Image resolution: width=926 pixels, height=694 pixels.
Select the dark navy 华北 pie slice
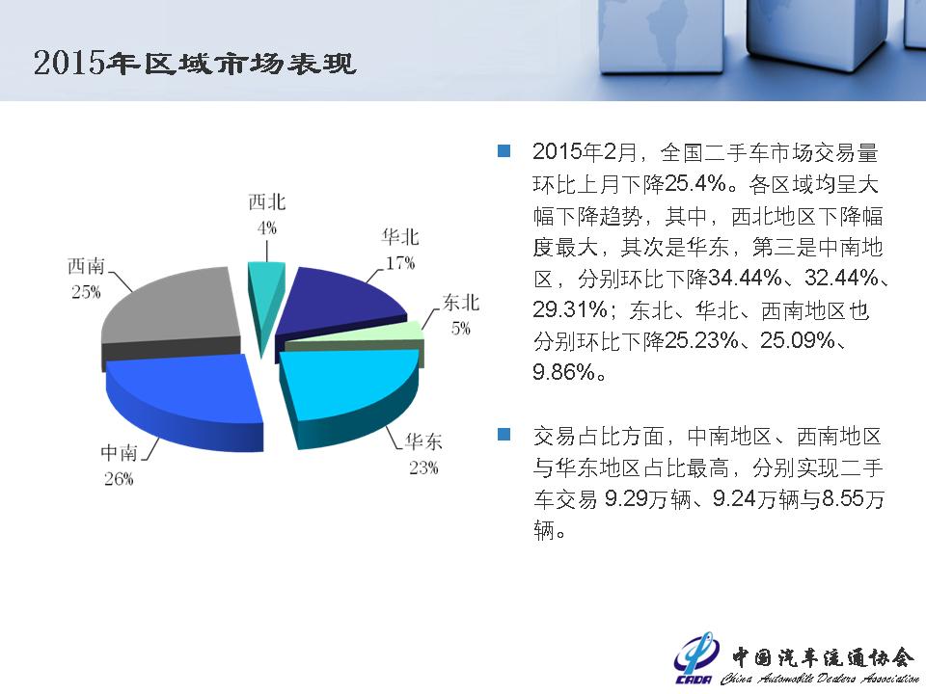[337, 307]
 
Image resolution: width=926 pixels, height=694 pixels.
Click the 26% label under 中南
[119, 479]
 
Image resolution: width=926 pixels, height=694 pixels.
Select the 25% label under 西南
[86, 291]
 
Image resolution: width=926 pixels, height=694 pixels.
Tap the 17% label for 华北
[400, 263]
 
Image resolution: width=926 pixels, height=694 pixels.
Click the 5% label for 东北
[461, 328]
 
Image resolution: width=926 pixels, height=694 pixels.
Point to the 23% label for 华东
[423, 468]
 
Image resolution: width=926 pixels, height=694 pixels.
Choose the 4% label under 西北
[267, 227]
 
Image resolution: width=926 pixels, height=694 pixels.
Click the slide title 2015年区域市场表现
[194, 64]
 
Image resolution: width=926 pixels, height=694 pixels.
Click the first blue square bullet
[504, 150]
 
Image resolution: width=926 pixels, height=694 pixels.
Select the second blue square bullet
[504, 435]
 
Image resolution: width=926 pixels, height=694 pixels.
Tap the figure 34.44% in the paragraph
[746, 278]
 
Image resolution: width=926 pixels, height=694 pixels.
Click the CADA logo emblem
[695, 658]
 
